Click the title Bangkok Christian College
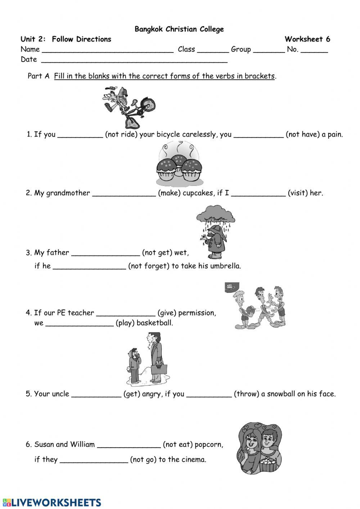click(x=179, y=29)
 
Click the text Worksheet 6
click(x=307, y=39)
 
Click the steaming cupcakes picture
click(x=179, y=162)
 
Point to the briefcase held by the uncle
click(x=159, y=370)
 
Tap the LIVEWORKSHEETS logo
click(x=51, y=503)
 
